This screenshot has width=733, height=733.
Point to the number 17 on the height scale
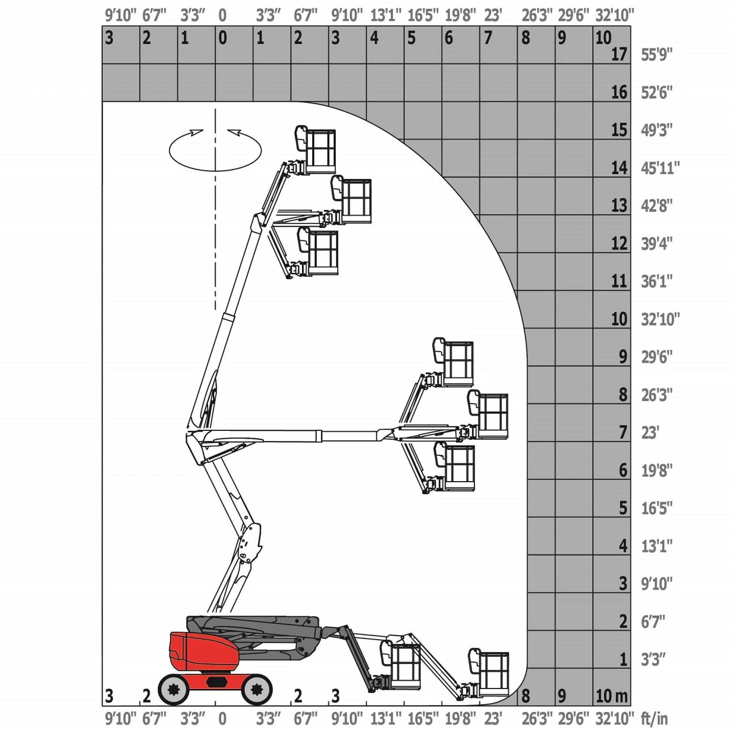[x=619, y=55]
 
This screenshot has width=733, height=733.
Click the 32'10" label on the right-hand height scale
[x=660, y=319]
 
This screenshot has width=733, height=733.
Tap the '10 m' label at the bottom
[x=611, y=696]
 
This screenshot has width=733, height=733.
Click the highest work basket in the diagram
[x=316, y=150]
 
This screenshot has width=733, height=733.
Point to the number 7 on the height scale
[x=623, y=432]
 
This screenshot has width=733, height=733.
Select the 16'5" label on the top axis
[x=423, y=15]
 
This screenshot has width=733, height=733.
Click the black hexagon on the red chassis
[x=217, y=681]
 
